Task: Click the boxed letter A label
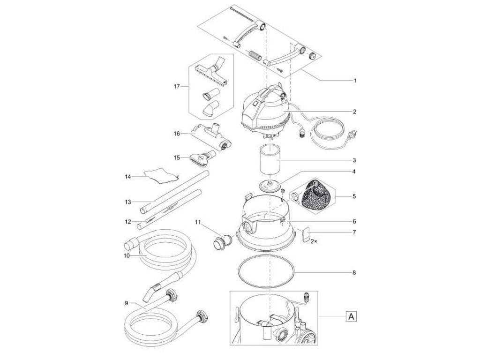tap(350, 317)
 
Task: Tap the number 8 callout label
tap(354, 272)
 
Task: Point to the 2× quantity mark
tap(314, 240)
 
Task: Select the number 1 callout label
tap(355, 81)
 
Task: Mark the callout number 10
tap(126, 255)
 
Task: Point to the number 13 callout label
tap(127, 202)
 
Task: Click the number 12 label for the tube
tap(127, 221)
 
